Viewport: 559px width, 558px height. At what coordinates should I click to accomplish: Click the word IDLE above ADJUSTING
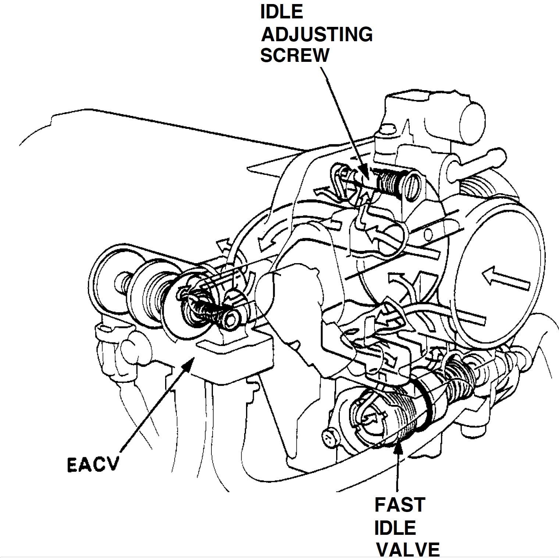coord(282,12)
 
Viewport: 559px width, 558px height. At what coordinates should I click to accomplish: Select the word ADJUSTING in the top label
coord(317,35)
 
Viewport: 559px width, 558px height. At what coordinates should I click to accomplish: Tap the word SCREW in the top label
coord(295,55)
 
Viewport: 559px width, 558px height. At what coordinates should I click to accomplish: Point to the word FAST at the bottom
coord(400,505)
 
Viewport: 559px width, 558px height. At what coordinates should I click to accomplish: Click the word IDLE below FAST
coord(395,527)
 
